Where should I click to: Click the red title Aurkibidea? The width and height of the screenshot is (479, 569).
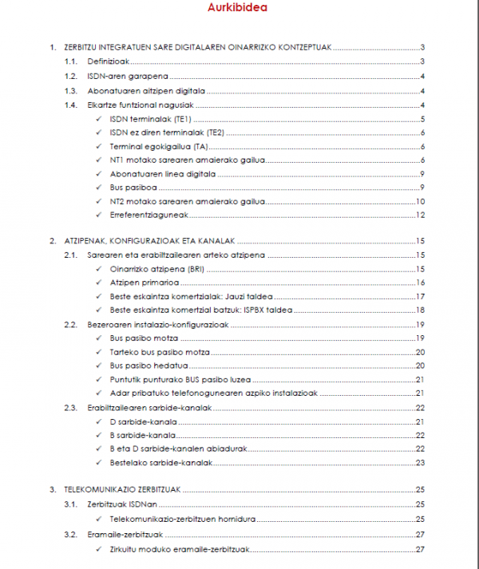coord(238,9)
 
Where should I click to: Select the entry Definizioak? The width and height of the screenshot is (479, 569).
coord(109,62)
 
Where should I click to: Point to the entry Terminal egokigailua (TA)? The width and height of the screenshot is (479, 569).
coord(157,147)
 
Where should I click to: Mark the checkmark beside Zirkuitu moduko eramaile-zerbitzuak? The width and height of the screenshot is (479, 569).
coord(97,550)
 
